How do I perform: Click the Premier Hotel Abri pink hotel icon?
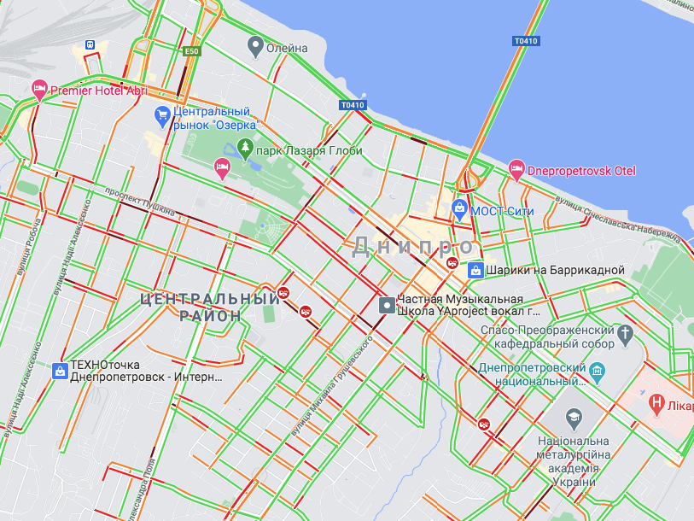point(39,88)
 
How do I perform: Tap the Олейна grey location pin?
point(254,46)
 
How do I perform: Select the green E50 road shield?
point(192,52)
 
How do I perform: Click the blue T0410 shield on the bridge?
point(526,41)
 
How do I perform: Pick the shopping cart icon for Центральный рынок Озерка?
point(162,114)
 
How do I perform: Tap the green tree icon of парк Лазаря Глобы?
point(246,149)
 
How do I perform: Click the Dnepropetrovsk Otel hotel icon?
point(516,169)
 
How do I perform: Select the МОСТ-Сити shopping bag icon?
point(459,208)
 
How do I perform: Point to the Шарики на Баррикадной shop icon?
point(476,270)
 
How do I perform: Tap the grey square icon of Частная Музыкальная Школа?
point(387,304)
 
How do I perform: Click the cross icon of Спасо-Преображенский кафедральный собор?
point(627,332)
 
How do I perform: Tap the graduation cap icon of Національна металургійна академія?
point(574,418)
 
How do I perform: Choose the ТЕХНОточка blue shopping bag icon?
point(60,371)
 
